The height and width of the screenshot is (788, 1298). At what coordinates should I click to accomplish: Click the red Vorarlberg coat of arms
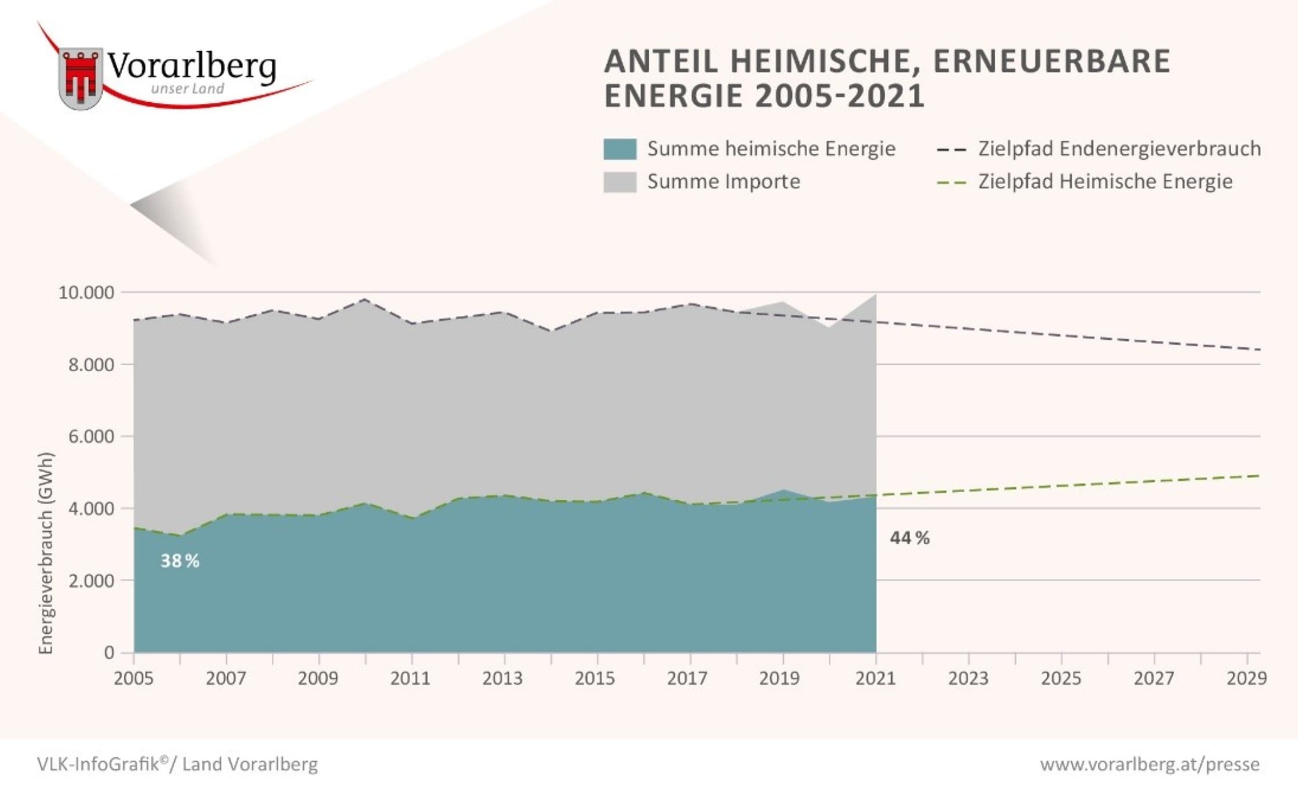[x=81, y=78]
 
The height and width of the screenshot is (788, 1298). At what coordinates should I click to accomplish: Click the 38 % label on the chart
[x=180, y=561]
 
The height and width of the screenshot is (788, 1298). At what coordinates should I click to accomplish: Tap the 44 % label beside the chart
[x=910, y=538]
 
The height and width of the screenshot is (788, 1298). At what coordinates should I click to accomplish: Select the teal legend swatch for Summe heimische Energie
[x=619, y=149]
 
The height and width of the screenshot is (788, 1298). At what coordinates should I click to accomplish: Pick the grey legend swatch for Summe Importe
[x=619, y=182]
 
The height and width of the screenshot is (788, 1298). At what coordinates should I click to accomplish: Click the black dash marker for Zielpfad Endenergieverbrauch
[x=951, y=150]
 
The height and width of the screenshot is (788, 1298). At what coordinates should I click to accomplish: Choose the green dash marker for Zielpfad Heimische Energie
[x=951, y=183]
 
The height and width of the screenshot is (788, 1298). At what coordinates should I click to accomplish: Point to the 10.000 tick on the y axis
[x=86, y=293]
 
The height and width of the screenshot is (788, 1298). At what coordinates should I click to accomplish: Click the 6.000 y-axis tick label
[x=91, y=436]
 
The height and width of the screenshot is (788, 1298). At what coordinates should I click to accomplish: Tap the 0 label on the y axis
[x=109, y=653]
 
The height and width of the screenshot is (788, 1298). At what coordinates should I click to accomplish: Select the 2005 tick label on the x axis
[x=134, y=678]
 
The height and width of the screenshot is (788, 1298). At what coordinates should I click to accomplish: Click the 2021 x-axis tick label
[x=876, y=678]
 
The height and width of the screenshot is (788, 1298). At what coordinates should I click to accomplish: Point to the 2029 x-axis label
[x=1246, y=678]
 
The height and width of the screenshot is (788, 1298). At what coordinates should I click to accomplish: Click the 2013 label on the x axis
[x=503, y=678]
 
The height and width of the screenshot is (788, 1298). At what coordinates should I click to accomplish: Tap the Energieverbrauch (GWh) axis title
[x=46, y=553]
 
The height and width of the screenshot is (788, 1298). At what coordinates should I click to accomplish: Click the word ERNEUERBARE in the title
[x=1052, y=61]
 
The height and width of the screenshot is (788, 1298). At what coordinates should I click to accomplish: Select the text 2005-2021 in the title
[x=840, y=96]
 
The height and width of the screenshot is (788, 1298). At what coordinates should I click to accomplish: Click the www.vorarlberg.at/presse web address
[x=1150, y=764]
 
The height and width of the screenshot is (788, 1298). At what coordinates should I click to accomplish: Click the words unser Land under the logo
[x=187, y=89]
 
